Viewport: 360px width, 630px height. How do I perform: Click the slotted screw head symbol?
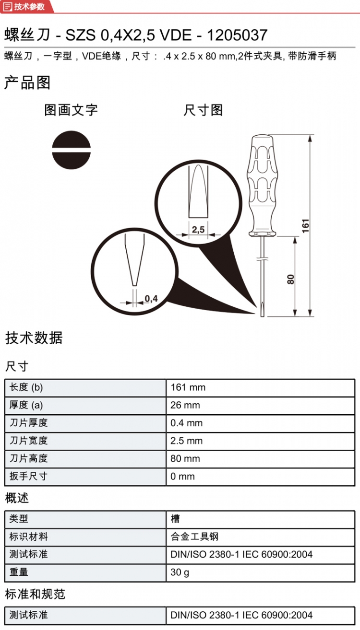tap(71, 150)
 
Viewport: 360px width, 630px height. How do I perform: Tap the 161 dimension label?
tap(306, 226)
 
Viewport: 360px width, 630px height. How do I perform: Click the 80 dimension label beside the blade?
tap(290, 280)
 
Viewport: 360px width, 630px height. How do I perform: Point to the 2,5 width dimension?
tap(198, 230)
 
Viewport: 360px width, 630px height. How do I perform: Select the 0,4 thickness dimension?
tap(151, 299)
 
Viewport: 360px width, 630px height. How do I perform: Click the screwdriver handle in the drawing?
tap(262, 186)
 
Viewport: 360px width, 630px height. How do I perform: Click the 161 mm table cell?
tap(188, 387)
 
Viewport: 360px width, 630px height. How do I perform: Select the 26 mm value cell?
tap(185, 405)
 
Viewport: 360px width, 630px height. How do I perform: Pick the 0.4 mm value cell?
tap(186, 423)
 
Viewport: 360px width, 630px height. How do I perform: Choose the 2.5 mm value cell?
tap(186, 441)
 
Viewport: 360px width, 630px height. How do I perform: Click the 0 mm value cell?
tap(182, 477)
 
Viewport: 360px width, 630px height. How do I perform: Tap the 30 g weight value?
tap(180, 572)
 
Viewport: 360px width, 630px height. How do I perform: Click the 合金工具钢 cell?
tap(194, 537)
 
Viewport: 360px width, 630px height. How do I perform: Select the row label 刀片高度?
tap(28, 458)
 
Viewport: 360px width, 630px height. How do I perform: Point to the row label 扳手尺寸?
tap(28, 477)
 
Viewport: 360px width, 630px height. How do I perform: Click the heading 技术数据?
tap(34, 338)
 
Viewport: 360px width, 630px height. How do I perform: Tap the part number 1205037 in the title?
tap(237, 35)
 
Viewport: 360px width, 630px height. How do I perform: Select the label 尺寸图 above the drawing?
tap(203, 110)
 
